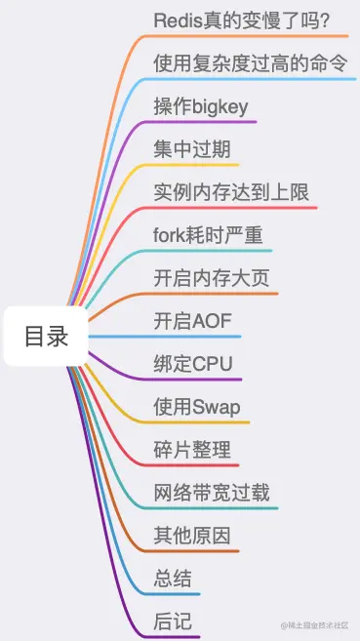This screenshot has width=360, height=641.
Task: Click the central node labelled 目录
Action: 47,337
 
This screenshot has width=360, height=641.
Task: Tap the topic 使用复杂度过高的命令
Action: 251,63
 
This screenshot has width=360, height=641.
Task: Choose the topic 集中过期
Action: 191,149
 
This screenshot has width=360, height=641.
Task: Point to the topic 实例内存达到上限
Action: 231,192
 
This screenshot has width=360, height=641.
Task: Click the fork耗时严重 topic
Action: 208,235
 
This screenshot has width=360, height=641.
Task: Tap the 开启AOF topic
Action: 192,321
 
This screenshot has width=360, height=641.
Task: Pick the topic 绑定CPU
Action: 193,364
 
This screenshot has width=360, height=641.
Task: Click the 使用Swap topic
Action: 197,407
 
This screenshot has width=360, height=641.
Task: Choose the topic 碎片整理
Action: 191,450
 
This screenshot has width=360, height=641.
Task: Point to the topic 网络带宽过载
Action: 212,493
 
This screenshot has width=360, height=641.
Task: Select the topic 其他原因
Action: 191,536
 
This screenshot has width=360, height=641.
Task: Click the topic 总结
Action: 172,579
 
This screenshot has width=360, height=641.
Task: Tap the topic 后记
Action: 172,621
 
